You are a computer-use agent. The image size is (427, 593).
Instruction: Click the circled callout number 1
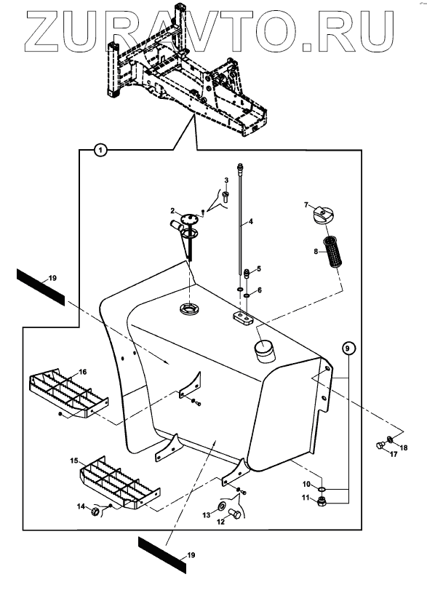100,151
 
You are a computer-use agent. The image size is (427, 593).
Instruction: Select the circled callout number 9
348,348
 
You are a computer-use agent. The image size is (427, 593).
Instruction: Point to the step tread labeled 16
68,392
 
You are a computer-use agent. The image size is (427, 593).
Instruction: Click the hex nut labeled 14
95,512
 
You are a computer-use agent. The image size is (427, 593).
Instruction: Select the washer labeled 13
222,506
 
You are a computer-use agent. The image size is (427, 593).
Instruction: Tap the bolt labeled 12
234,514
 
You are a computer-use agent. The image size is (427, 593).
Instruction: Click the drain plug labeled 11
322,501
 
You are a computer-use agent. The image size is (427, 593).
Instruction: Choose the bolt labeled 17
380,445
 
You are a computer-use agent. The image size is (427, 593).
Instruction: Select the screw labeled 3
226,196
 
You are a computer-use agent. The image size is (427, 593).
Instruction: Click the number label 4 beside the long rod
250,221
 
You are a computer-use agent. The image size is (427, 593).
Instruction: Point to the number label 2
172,211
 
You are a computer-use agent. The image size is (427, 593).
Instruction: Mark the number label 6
260,290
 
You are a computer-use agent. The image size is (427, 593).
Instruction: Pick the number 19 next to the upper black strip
52,278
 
